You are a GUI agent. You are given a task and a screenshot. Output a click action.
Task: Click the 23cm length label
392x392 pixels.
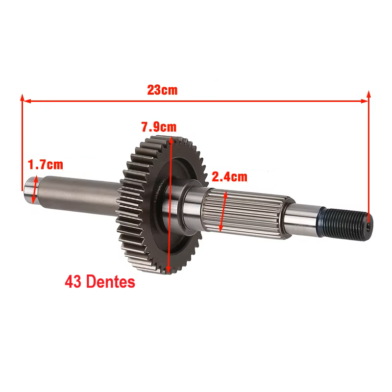point(162,90)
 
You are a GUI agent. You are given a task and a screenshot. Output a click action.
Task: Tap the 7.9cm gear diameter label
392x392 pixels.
point(159,127)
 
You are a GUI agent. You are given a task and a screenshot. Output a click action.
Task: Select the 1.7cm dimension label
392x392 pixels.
point(45,165)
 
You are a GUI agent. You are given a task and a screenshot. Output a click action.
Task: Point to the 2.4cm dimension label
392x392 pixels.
point(229,177)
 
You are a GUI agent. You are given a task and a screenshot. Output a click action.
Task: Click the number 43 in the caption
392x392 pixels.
point(73,282)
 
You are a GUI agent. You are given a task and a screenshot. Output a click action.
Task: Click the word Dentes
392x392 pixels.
point(111,282)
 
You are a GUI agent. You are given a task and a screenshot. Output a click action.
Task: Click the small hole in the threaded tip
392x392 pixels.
point(368,226)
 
